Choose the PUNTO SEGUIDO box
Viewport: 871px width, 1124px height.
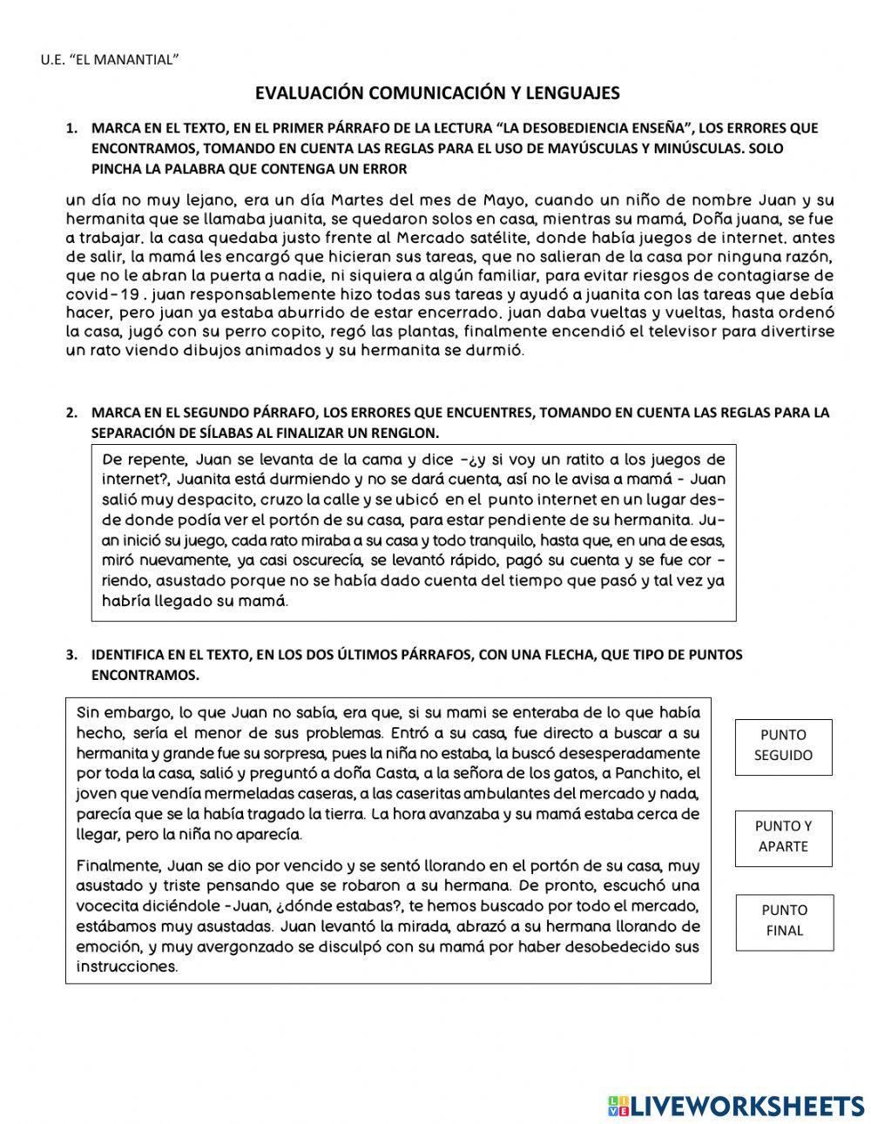point(783,745)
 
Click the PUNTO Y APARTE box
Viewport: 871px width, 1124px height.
point(783,837)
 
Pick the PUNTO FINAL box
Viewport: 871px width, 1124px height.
point(783,920)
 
